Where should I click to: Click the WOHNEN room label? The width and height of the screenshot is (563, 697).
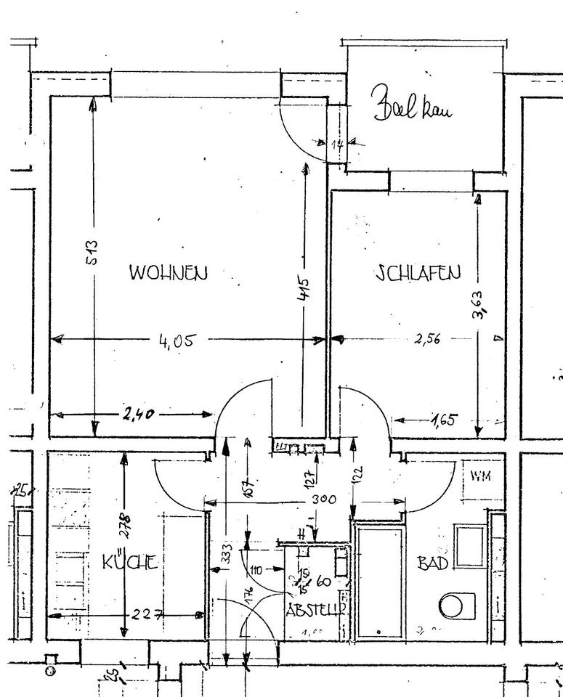[169, 273]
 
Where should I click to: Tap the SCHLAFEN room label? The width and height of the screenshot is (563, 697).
[418, 273]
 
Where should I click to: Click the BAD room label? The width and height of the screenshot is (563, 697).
[432, 563]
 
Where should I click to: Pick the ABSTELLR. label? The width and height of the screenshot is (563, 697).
[315, 610]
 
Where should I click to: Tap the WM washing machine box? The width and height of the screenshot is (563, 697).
[479, 476]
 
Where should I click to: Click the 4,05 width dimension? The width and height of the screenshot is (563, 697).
[177, 340]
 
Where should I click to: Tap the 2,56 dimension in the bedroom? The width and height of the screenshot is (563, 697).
[426, 338]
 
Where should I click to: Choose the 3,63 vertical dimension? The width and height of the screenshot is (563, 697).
[477, 303]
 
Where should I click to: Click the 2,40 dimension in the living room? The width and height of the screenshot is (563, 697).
[138, 415]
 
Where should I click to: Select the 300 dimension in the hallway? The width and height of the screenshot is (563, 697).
[324, 500]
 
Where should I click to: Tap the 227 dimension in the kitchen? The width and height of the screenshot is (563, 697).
[145, 615]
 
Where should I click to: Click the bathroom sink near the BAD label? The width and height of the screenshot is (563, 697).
[469, 545]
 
